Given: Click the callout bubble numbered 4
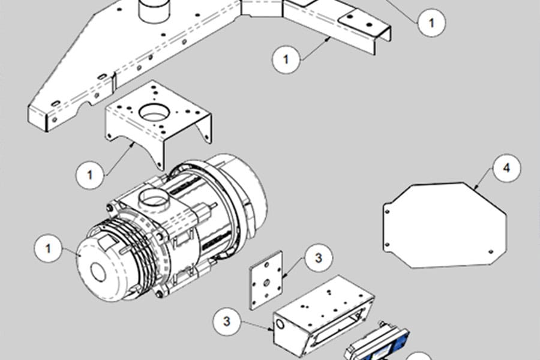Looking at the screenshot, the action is point(506,168).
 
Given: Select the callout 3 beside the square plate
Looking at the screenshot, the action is point(319,257).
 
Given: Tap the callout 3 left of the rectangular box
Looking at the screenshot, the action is point(227,321).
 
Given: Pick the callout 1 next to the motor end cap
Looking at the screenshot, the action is point(48,248).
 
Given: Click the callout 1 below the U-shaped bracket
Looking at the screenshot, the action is point(90,175).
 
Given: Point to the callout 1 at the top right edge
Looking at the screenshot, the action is point(431,22).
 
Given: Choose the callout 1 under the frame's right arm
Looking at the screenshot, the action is point(286,59).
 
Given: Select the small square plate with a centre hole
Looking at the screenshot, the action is point(266,280).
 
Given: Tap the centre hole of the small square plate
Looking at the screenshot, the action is point(266,283).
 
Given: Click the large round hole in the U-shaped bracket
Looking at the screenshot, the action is point(155,112).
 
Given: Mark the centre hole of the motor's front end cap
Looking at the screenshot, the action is point(98,271).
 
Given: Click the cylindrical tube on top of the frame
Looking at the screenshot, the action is point(154,10).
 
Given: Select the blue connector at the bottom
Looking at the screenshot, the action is point(377,345).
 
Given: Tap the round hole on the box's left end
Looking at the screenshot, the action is point(280,324).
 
